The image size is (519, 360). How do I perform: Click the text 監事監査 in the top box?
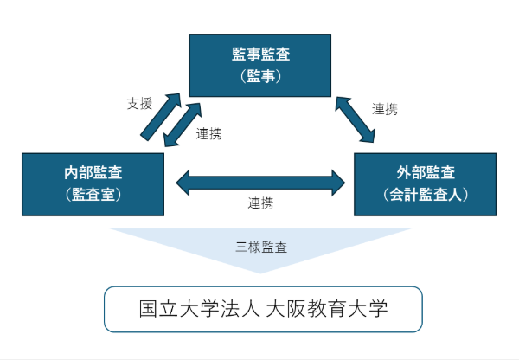click(261, 55)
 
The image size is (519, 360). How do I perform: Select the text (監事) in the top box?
click(261, 76)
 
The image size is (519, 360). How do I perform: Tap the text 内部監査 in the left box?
click(93, 172)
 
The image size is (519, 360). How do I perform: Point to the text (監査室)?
click(93, 194)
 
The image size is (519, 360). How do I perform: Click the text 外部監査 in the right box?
click(426, 172)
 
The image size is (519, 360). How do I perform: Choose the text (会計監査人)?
click(426, 194)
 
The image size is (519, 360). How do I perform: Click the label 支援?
click(139, 104)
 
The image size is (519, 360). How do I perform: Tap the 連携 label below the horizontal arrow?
click(260, 204)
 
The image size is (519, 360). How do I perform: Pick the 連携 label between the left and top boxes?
click(208, 134)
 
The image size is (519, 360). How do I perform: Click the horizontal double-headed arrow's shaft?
click(259, 182)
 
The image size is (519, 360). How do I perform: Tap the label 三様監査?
click(261, 247)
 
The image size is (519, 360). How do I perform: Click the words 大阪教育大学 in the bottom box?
click(327, 309)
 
